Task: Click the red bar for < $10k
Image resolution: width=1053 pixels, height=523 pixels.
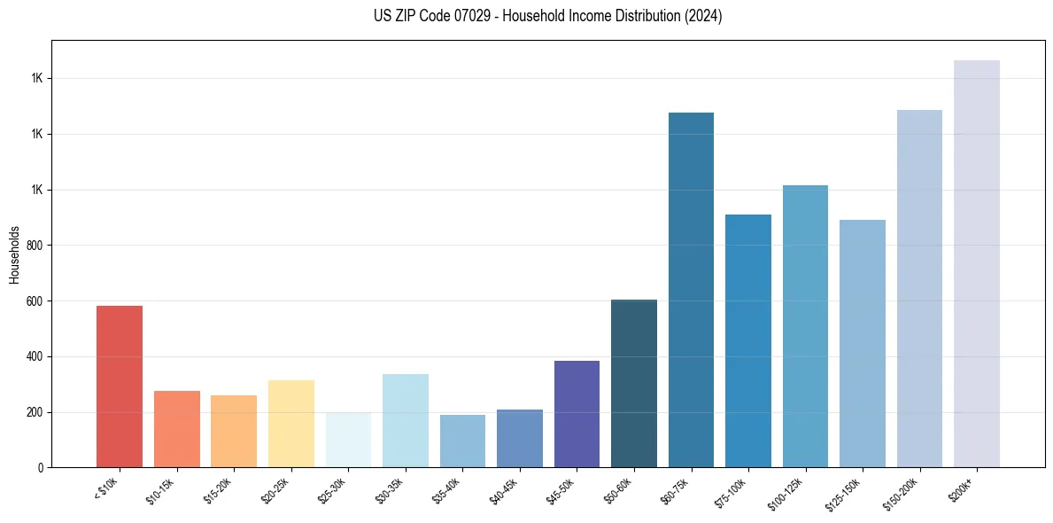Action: click(x=120, y=386)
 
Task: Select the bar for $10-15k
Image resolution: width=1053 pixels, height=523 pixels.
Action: click(x=176, y=429)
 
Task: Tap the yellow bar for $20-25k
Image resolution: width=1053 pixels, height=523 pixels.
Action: click(x=290, y=424)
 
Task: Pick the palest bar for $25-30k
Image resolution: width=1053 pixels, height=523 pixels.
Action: click(x=348, y=440)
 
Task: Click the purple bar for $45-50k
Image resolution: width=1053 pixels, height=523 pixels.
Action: click(x=577, y=414)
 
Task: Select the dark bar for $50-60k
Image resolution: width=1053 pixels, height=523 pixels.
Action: click(x=633, y=384)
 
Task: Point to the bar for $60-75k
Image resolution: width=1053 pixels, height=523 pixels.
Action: click(x=691, y=290)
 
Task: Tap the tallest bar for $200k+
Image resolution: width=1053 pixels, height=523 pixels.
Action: click(x=976, y=264)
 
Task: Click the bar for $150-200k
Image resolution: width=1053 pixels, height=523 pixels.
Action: click(x=919, y=289)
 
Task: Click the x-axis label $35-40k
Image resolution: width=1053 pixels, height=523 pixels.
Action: click(x=447, y=489)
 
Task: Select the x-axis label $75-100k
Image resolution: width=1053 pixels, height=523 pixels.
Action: click(x=732, y=491)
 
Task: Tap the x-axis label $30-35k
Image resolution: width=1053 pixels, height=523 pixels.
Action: click(x=391, y=489)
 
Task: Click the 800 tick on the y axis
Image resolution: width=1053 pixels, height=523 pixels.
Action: click(x=35, y=246)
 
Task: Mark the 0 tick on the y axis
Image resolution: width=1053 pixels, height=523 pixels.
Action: click(x=40, y=468)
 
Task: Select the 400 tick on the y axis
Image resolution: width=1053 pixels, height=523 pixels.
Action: click(x=35, y=357)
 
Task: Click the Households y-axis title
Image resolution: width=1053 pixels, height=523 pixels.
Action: click(x=14, y=254)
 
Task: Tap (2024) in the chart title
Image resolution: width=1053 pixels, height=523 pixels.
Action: click(x=704, y=16)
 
